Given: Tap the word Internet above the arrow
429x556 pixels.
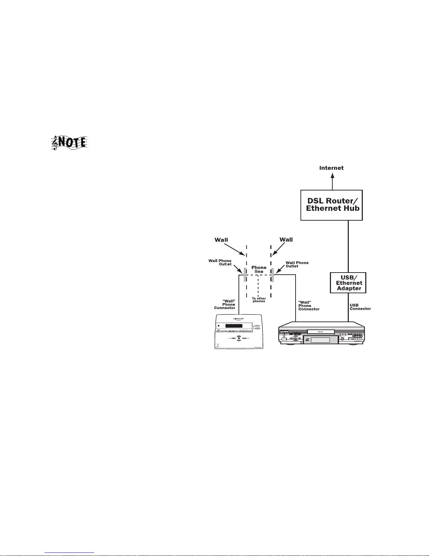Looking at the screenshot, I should coord(331,168).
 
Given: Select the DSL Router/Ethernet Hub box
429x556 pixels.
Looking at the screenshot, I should coord(331,205).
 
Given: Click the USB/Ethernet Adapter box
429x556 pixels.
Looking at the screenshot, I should coord(348,283).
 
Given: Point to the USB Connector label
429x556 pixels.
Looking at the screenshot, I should coord(360,307).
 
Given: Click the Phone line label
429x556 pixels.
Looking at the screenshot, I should coord(259,269).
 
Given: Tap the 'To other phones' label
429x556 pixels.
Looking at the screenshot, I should coord(259,300).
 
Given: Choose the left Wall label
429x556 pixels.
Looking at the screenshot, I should coord(221,240).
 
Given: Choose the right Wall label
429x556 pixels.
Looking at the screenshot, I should coord(286,240).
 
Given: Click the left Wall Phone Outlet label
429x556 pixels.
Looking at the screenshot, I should coord(220,262).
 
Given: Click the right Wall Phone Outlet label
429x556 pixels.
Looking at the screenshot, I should coord(297,264).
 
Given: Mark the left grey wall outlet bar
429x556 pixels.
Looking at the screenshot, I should coord(245,275).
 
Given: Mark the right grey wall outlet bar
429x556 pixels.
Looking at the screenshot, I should coord(272,275).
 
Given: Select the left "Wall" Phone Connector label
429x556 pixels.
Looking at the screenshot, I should coord(225,304).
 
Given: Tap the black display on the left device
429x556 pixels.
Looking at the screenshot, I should coord(234,326).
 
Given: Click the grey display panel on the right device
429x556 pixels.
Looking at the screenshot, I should coord(320,340).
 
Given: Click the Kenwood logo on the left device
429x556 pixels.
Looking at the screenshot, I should coord(241,319).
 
